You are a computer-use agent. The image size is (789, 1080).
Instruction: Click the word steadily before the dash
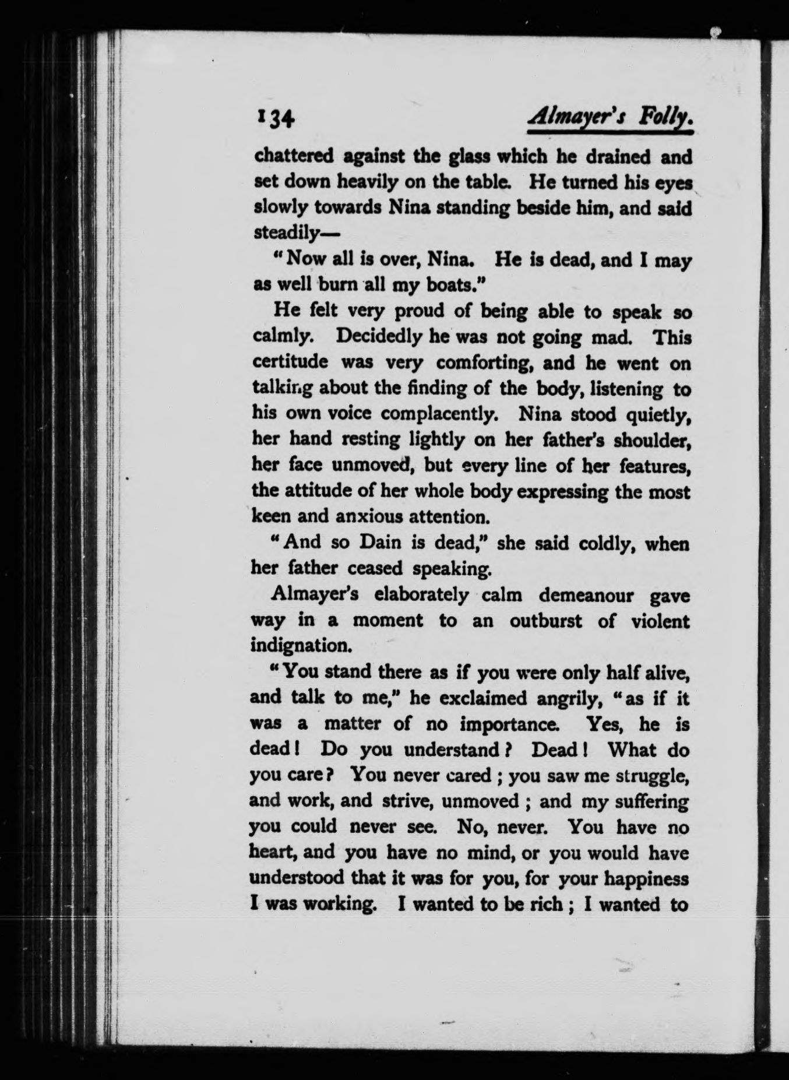(x=285, y=233)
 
